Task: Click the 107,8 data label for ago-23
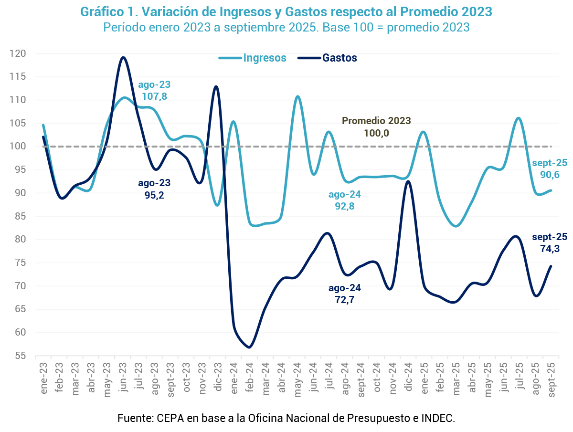(x=154, y=96)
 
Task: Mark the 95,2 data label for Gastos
(x=154, y=195)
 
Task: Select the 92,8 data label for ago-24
(x=344, y=207)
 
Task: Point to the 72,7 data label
(x=344, y=300)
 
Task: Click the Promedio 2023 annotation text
(x=376, y=121)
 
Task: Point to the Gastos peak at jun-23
(x=123, y=57)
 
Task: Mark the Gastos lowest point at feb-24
(x=249, y=347)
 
